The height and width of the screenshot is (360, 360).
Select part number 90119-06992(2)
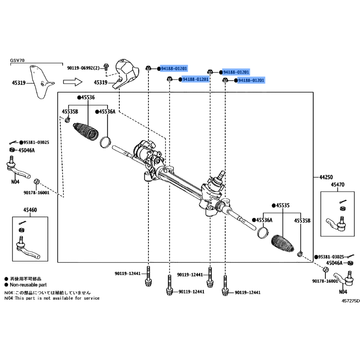click(x=84, y=68)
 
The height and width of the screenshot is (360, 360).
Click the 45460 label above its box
click(x=30, y=210)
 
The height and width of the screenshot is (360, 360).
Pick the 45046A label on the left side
click(x=27, y=150)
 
